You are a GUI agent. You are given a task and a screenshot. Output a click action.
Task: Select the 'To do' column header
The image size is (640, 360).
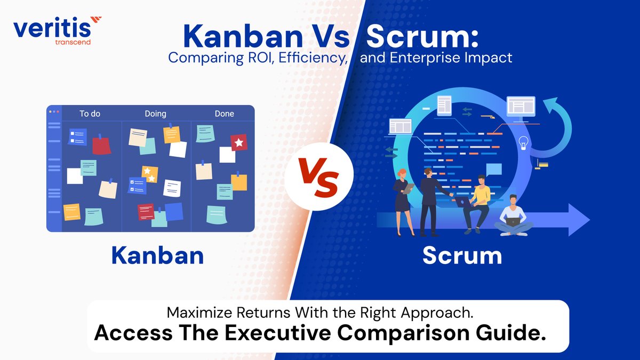pyautogui.click(x=90, y=114)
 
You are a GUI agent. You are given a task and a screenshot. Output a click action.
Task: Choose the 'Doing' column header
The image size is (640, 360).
pyautogui.click(x=155, y=114)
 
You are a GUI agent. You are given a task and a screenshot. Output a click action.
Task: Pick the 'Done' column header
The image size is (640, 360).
pyautogui.click(x=224, y=114)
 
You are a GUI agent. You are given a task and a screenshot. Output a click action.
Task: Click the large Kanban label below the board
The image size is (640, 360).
pyautogui.click(x=157, y=255)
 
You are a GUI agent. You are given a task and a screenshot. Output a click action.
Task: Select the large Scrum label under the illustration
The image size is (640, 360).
pyautogui.click(x=462, y=255)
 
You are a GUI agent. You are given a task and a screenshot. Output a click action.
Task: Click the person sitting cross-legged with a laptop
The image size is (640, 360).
pyautogui.click(x=513, y=216)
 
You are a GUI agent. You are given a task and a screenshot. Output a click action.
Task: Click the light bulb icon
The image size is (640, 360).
pyautogui.click(x=523, y=142)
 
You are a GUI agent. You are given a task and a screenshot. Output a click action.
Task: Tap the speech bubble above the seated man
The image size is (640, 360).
pyautogui.click(x=493, y=170)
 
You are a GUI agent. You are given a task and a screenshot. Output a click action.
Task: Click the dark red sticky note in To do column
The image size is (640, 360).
pyautogui.click(x=101, y=145)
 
